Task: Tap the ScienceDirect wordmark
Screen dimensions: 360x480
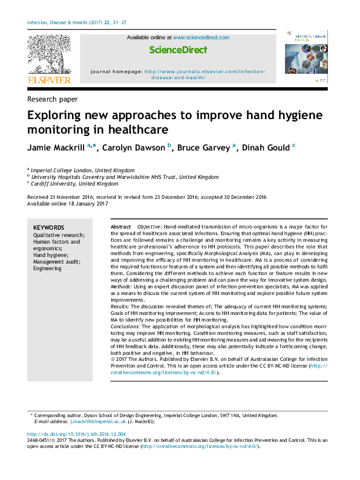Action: pyautogui.click(x=178, y=50)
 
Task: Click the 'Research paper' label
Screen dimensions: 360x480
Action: pyautogui.click(x=52, y=99)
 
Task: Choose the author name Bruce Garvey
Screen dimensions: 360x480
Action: pyautogui.click(x=203, y=149)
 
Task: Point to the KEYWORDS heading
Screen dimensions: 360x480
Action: pyautogui.click(x=48, y=227)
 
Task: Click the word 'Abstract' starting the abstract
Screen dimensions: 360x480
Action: pyautogui.click(x=121, y=226)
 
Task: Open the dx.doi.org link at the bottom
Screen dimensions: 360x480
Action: pyautogui.click(x=77, y=435)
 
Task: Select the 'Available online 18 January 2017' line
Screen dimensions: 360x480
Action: pyautogui.click(x=67, y=204)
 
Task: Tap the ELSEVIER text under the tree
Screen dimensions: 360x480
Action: pyautogui.click(x=49, y=80)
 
